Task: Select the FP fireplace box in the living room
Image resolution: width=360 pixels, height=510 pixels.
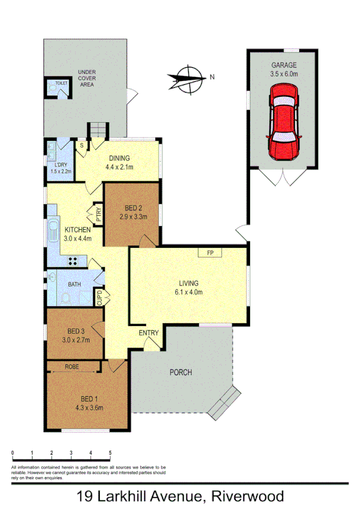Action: [210, 253]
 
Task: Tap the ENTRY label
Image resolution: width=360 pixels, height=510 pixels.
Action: [148, 333]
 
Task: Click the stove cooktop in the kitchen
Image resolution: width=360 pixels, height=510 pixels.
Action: [75, 261]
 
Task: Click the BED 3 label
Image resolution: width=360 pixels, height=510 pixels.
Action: [75, 335]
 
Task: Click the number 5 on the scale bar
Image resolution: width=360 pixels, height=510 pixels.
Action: [110, 452]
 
